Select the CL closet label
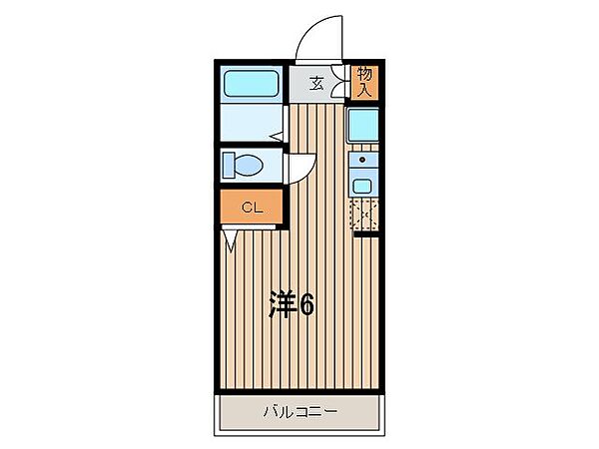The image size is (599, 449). pyautogui.click(x=252, y=209)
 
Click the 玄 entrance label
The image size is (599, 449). pyautogui.click(x=315, y=84)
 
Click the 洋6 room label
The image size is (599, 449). pyautogui.click(x=291, y=305)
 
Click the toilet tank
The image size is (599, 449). pyautogui.click(x=229, y=165)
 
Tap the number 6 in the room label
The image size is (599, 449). pyautogui.click(x=305, y=305)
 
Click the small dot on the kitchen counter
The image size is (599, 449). pyautogui.click(x=362, y=159)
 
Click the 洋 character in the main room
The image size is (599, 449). pyautogui.click(x=280, y=305)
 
